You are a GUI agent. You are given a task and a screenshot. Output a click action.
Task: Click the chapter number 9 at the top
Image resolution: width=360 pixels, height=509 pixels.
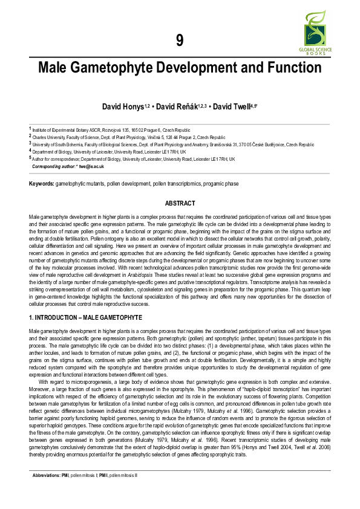[x=180, y=41]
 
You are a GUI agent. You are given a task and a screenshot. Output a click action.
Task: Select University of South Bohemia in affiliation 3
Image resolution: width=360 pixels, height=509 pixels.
[x=61, y=145]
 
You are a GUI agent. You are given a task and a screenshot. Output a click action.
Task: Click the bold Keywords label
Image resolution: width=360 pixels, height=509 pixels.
[x=41, y=183]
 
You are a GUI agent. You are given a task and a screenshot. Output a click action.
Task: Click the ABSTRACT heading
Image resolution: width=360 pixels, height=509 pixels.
[x=180, y=204]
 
